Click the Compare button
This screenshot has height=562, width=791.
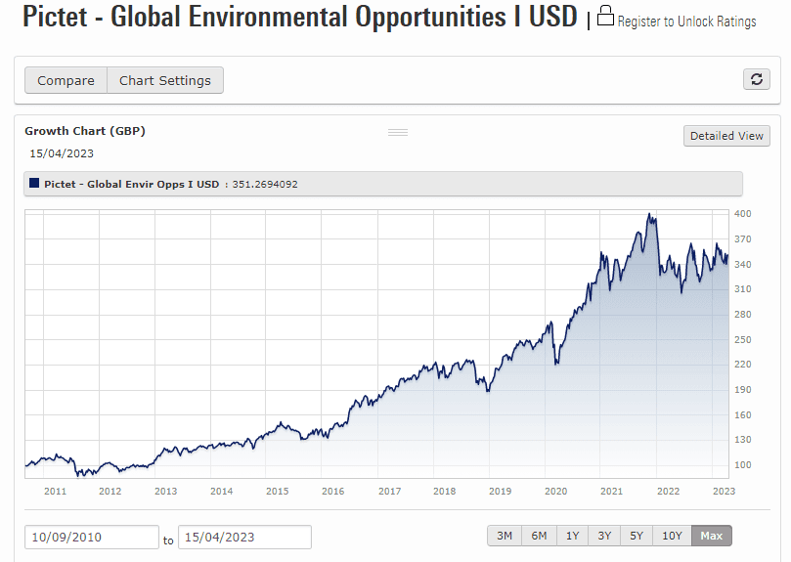click(x=66, y=80)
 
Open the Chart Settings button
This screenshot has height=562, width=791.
click(x=164, y=80)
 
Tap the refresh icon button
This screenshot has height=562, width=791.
click(x=756, y=79)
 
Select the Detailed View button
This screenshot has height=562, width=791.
click(x=726, y=136)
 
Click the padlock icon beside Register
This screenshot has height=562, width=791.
click(x=605, y=17)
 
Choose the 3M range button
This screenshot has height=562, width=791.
click(x=505, y=536)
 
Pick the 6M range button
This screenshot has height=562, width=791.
click(x=539, y=536)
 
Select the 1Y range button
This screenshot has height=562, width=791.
click(x=572, y=536)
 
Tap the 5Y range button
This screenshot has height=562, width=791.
click(x=637, y=536)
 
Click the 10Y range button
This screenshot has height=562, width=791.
click(x=672, y=536)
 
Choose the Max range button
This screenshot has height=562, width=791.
click(x=711, y=536)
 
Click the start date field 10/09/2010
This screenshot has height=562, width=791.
click(x=92, y=538)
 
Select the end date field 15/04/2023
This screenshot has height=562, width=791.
click(x=244, y=538)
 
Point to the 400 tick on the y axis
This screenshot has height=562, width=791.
click(x=743, y=213)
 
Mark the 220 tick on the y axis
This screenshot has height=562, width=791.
click(x=743, y=365)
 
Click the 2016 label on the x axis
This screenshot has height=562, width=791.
click(x=333, y=492)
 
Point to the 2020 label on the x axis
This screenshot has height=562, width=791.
click(x=555, y=492)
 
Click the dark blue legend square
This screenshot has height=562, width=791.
click(x=35, y=183)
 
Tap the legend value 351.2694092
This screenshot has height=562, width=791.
click(x=265, y=184)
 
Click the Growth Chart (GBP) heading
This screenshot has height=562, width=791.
click(x=85, y=131)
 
